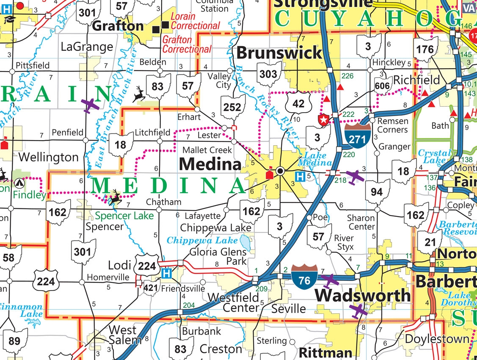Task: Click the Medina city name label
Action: (x=210, y=163)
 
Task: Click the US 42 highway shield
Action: (x=298, y=103)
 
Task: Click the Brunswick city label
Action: (x=279, y=53)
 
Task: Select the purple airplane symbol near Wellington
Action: (x=91, y=105)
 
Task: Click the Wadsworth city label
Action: (x=363, y=295)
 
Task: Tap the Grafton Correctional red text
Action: (x=187, y=44)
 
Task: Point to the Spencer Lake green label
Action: (x=124, y=216)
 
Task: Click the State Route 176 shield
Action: (x=425, y=49)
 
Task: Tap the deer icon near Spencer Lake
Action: (x=115, y=197)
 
